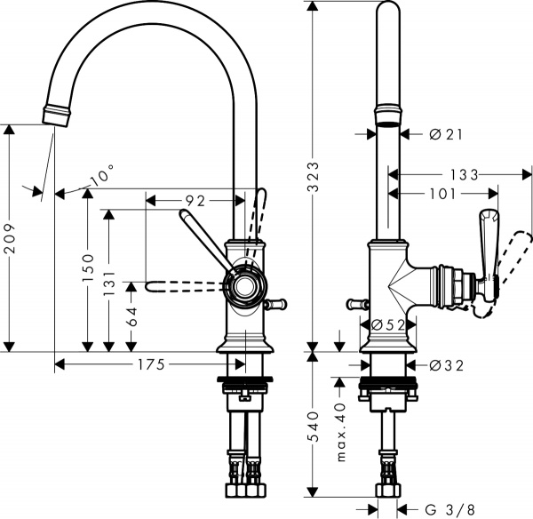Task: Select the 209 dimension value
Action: coord(10,237)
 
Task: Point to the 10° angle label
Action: coord(101,178)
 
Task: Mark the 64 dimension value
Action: coord(132,316)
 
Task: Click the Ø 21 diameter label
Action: coord(447,134)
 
